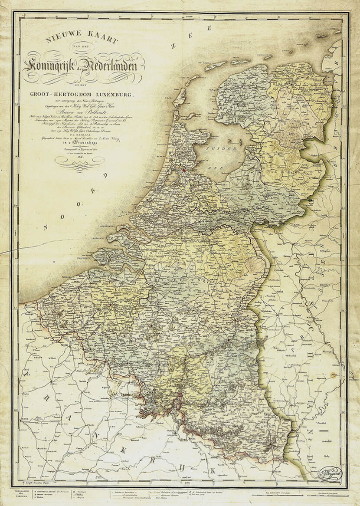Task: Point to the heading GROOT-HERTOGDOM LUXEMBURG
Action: click(82, 94)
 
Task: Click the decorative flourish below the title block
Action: click(80, 161)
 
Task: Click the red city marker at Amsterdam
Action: click(183, 171)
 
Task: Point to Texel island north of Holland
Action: click(179, 96)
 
